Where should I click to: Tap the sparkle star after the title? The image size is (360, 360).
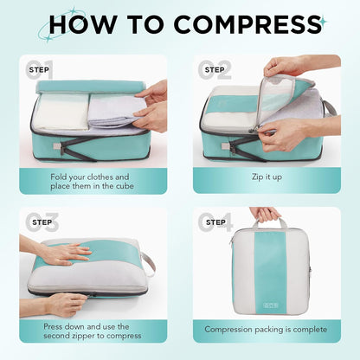(322, 20)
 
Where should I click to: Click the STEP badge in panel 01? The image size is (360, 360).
(40, 68)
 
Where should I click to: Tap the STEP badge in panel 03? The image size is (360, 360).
(40, 222)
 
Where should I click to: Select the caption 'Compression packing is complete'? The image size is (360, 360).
(266, 329)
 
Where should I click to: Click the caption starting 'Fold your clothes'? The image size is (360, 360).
(92, 177)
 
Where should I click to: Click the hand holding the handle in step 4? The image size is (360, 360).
(266, 214)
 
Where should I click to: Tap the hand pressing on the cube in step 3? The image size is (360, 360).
(65, 253)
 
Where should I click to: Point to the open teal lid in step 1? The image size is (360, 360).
(87, 87)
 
